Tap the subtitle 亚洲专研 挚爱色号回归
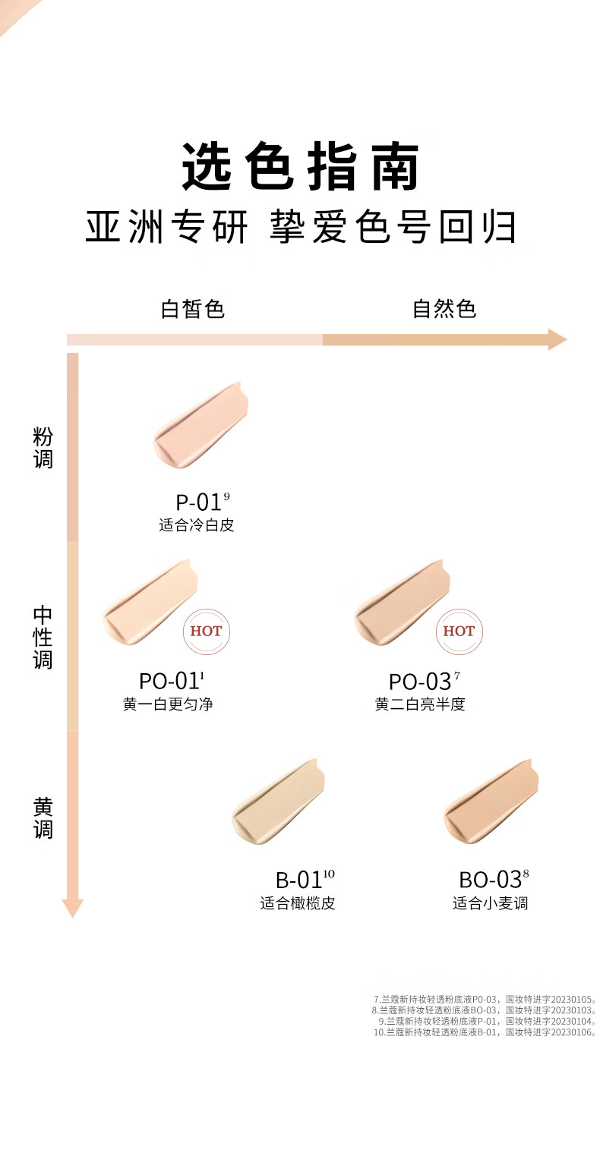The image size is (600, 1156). point(301,226)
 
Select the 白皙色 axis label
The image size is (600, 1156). point(193,309)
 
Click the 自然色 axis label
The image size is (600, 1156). point(444,309)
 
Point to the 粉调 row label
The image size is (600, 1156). point(43,448)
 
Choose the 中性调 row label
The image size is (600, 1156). point(43,637)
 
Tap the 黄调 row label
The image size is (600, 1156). point(43,817)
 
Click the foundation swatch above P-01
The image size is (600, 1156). point(201,424)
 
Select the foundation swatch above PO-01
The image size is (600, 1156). point(150,602)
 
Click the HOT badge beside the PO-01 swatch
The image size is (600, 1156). point(206,632)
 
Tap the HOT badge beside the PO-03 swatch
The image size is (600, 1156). point(459,632)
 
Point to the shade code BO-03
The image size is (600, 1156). point(490,880)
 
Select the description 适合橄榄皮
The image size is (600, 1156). point(298,903)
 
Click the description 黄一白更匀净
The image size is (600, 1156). point(168,704)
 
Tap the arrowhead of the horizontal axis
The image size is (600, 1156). point(557,339)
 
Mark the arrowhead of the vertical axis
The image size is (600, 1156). point(72,908)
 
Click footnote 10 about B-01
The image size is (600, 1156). point(485,1032)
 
